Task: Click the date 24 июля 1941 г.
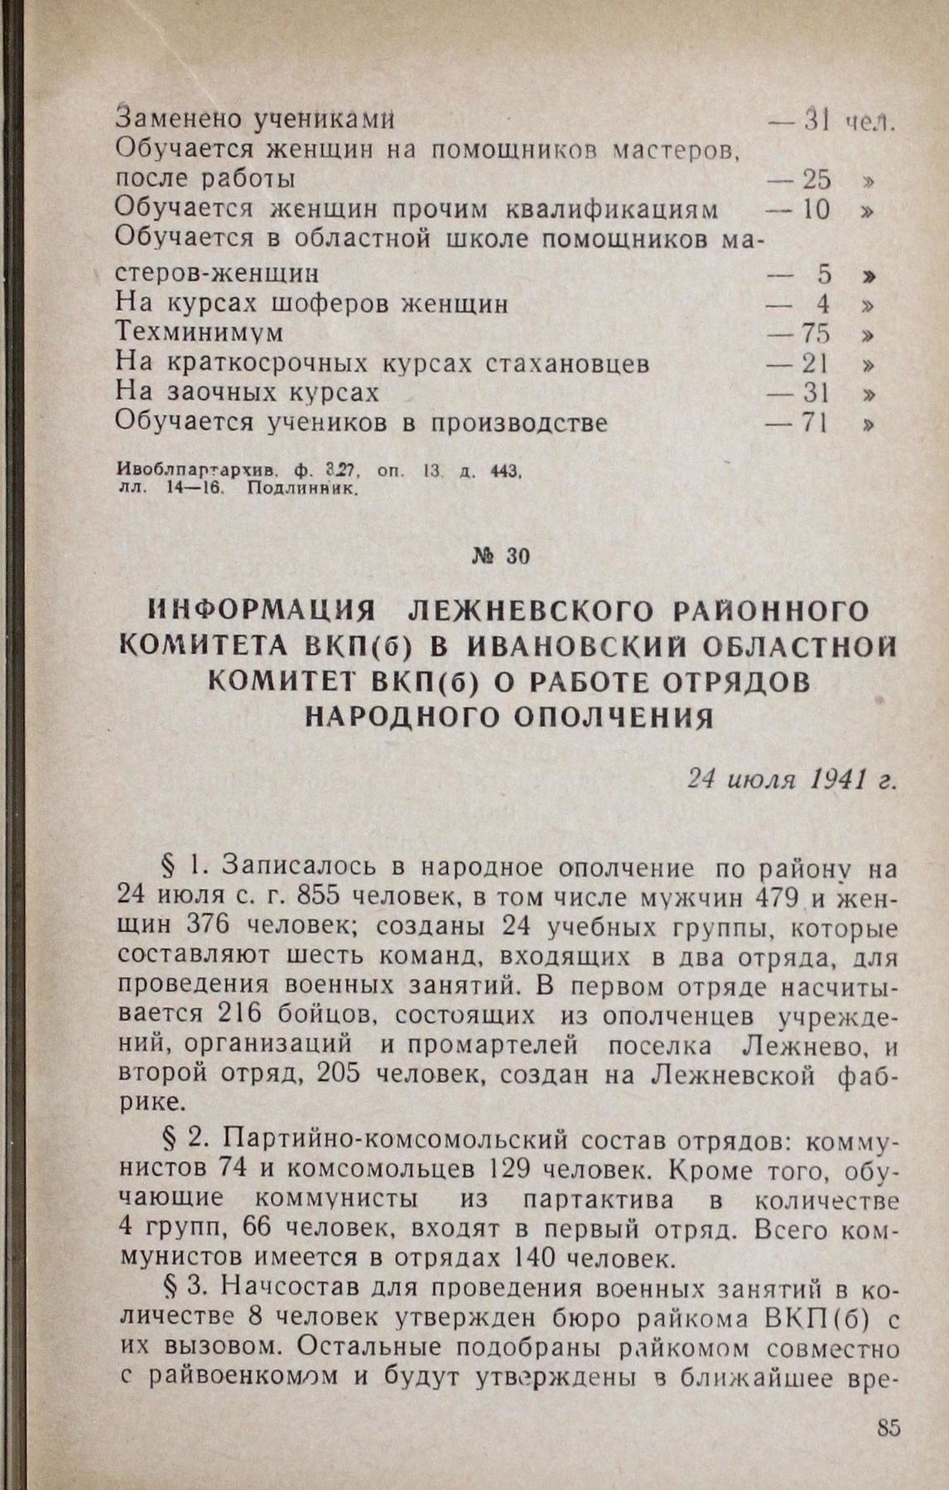[x=792, y=779]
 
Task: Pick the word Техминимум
[x=200, y=333]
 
